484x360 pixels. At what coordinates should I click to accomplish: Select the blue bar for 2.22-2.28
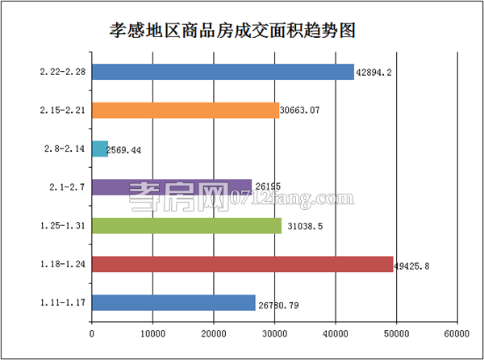[223, 72]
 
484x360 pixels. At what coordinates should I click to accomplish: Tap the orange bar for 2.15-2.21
[186, 111]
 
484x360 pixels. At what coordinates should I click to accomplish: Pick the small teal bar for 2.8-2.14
[100, 149]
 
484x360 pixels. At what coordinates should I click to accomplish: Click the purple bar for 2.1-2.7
[172, 187]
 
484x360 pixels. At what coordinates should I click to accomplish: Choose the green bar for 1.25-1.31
[186, 225]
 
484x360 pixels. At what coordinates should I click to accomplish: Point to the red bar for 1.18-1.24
[242, 264]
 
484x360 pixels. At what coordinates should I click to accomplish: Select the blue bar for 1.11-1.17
[173, 303]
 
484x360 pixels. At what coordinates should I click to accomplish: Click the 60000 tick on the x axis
[456, 331]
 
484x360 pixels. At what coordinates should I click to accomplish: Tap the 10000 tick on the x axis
[152, 331]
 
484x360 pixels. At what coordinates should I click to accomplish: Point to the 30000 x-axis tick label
[274, 331]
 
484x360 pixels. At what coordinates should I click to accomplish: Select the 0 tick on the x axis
[92, 331]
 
